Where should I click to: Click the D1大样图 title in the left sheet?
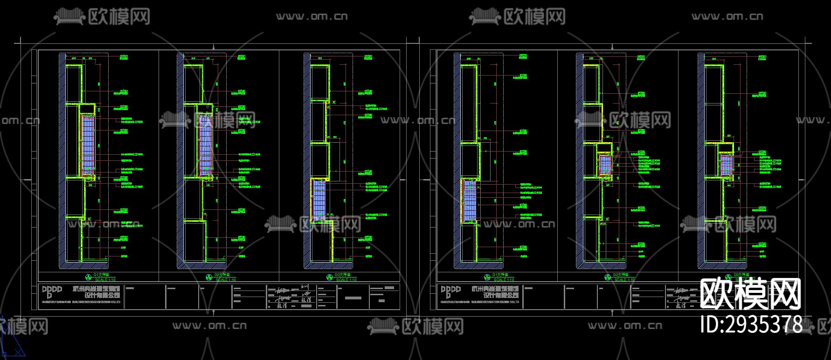[102, 275]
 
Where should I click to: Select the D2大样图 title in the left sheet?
[222, 275]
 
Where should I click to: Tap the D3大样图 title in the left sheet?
[342, 275]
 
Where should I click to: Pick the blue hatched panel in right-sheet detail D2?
[605, 165]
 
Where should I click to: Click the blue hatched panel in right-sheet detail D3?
[726, 165]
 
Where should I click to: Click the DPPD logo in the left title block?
[52, 292]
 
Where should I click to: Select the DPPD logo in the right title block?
[450, 292]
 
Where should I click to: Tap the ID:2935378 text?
[752, 324]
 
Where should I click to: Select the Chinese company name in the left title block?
[100, 292]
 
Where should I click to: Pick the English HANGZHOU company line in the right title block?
[480, 302]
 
